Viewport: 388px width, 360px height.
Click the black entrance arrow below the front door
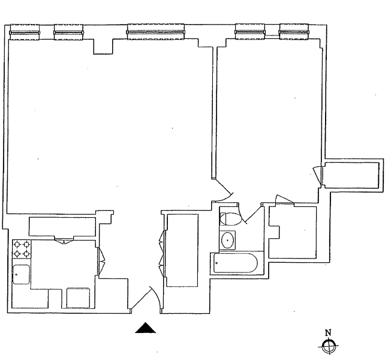pyautogui.click(x=146, y=328)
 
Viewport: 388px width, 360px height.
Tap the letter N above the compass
pyautogui.click(x=328, y=333)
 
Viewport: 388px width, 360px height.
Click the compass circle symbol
pyautogui.click(x=328, y=346)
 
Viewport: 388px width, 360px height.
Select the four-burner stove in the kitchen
pyautogui.click(x=22, y=249)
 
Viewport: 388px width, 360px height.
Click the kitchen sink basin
pyautogui.click(x=21, y=274)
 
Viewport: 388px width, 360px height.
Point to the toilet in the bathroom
pyautogui.click(x=231, y=219)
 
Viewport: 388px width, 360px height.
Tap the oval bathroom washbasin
pyautogui.click(x=228, y=240)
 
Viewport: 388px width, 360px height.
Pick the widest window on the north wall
pyautogui.click(x=156, y=32)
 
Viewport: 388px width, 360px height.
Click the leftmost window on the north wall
pyautogui.click(x=25, y=32)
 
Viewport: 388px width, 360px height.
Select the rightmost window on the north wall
pyautogui.click(x=294, y=32)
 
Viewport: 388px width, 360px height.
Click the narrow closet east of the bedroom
pyautogui.click(x=351, y=175)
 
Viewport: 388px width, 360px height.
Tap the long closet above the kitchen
pyautogui.click(x=62, y=226)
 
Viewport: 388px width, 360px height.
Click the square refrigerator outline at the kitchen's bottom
pyautogui.click(x=78, y=298)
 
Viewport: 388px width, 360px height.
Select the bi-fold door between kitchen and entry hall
pyautogui.click(x=101, y=260)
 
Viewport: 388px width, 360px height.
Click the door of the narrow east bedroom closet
pyautogui.click(x=317, y=175)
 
